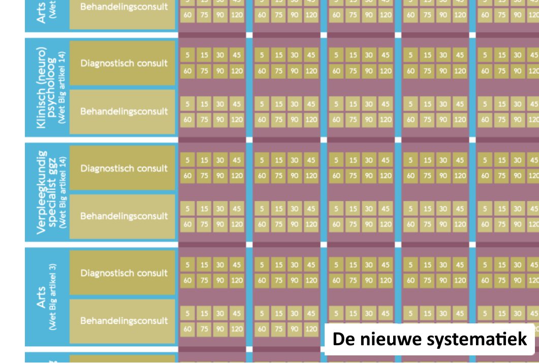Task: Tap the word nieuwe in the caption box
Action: [386, 339]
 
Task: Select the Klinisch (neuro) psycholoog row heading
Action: [45, 85]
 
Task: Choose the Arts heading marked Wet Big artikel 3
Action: [45, 296]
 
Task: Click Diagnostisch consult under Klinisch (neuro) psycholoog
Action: [124, 63]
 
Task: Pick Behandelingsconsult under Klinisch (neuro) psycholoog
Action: [124, 111]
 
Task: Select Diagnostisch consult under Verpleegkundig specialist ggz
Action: [124, 169]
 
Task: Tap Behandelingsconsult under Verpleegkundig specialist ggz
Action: [124, 216]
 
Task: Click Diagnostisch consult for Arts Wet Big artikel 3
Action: [124, 273]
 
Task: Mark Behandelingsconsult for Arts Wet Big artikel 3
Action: [124, 321]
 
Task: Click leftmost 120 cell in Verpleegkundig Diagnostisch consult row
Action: [237, 176]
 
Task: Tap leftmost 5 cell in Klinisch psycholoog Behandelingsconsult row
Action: [187, 105]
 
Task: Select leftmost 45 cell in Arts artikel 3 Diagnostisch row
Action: [237, 265]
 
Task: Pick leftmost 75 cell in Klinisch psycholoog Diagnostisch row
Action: [204, 71]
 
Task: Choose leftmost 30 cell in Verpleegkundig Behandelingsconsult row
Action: [220, 209]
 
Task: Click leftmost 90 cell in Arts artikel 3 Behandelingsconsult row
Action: [220, 329]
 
